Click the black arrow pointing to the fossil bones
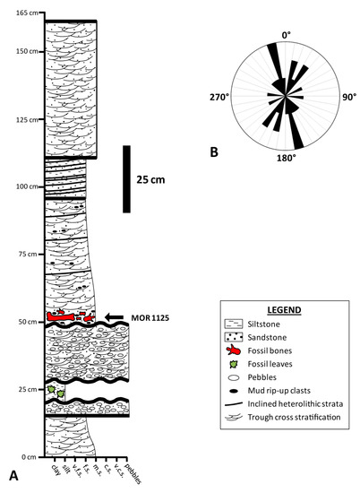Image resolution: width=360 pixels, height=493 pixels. [x=116, y=316]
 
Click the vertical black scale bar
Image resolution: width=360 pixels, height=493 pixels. [x=128, y=179]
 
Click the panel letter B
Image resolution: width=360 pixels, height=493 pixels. [x=214, y=151]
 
